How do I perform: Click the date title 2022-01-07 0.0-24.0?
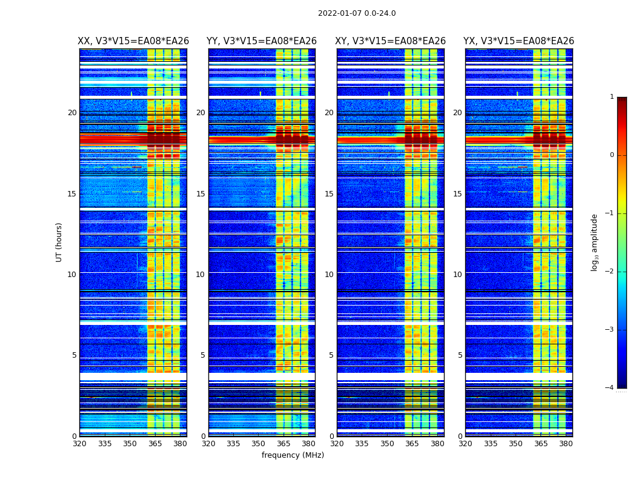pos(357,13)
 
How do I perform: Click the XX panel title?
pos(133,41)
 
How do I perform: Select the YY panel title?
pos(262,41)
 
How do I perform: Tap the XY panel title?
pos(391,41)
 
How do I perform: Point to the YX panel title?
pos(518,41)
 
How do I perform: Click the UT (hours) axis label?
pos(59,242)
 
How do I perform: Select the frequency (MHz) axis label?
pos(293,455)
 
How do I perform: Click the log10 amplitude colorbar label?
pos(595,242)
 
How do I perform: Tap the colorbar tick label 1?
pos(612,97)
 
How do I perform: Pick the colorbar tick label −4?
pos(610,388)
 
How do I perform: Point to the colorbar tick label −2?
pos(610,272)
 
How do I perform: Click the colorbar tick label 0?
pos(612,155)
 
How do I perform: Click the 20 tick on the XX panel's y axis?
pos(72,113)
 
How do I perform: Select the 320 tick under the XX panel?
pos(79,444)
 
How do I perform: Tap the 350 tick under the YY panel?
pos(259,444)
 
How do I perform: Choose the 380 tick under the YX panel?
pos(566,444)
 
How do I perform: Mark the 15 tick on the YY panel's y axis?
pos(200,194)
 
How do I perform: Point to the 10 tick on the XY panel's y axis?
pos(329,275)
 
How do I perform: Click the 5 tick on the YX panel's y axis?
pos(460,355)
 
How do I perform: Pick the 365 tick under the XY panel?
pos(412,444)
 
